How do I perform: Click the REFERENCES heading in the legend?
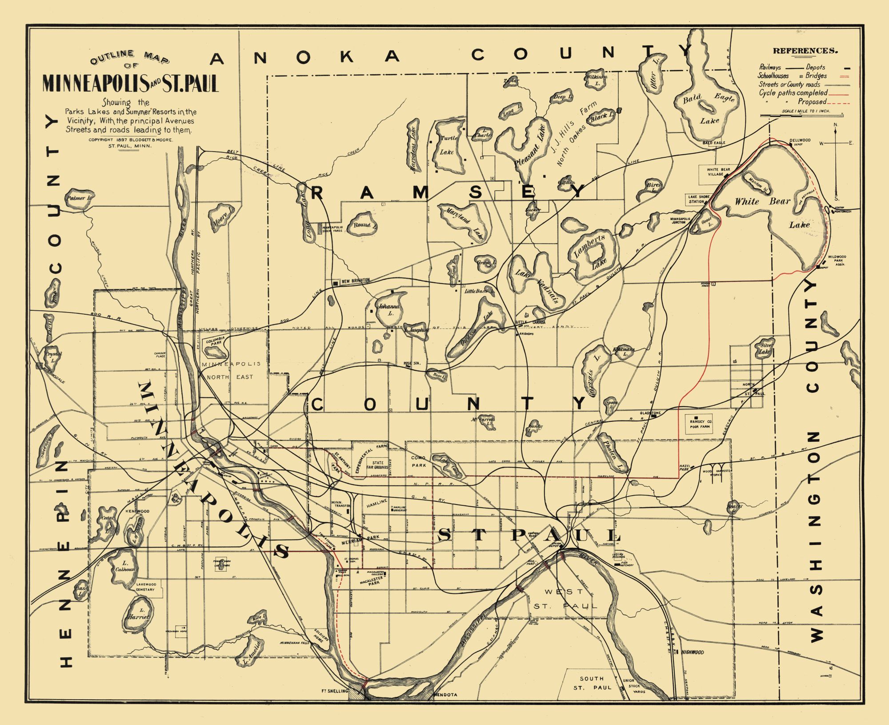805,51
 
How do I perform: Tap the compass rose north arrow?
836,133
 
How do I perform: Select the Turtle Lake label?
448,145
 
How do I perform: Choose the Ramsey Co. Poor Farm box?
701,424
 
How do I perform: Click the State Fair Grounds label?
377,465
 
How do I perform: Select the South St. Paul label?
591,683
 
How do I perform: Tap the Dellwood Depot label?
800,142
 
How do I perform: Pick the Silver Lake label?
767,348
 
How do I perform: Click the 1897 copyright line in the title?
130,140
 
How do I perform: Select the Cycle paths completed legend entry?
793,93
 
